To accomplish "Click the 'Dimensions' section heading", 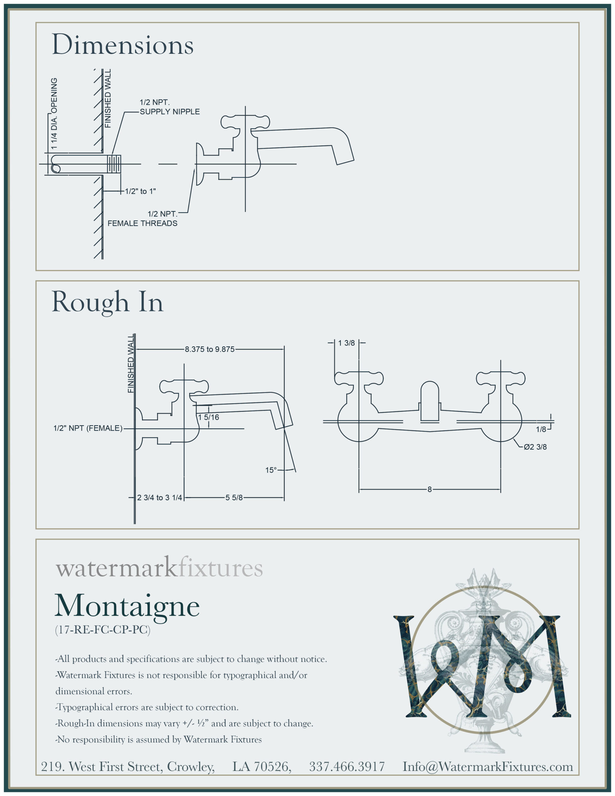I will (x=123, y=45).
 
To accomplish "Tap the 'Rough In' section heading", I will (x=107, y=302).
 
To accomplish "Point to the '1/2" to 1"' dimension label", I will (x=140, y=191).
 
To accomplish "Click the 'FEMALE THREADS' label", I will (x=142, y=224).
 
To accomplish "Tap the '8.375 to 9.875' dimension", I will (x=210, y=349).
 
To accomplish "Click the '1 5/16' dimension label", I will (x=209, y=417).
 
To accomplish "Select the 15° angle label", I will (x=271, y=470).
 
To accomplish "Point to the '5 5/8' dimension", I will (x=234, y=497).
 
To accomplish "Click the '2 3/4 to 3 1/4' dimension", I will (x=159, y=497).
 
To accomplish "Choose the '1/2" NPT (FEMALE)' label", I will (x=88, y=428).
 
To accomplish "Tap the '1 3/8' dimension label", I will (x=346, y=343).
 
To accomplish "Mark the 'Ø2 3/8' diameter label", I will (x=535, y=447).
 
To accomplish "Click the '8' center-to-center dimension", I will (x=429, y=489).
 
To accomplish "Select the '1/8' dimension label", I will (x=541, y=429).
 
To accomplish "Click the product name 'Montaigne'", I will (x=127, y=606).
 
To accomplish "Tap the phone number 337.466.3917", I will (x=347, y=766).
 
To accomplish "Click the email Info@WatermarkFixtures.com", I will (x=488, y=766).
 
